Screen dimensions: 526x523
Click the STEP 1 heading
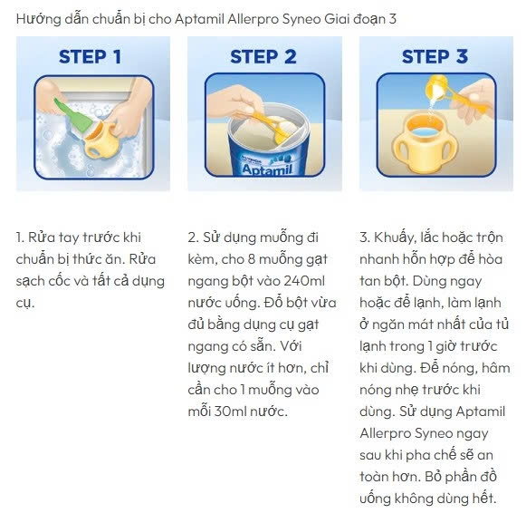[90, 56]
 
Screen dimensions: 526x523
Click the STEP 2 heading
[263, 56]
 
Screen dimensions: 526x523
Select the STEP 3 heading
[435, 56]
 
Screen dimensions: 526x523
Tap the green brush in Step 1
[72, 115]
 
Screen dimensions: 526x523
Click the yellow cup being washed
[96, 140]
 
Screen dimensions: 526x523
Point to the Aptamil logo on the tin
[267, 169]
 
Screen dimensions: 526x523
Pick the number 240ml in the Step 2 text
[304, 281]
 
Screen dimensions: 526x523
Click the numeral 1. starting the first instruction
[20, 237]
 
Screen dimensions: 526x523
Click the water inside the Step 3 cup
[425, 131]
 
